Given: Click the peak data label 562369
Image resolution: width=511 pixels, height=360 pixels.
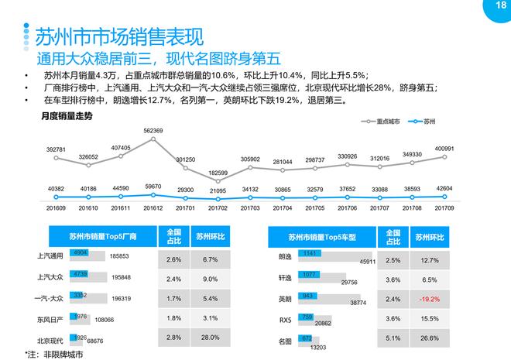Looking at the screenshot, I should [153, 131].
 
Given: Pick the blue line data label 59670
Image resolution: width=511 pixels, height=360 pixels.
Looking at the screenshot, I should [153, 187].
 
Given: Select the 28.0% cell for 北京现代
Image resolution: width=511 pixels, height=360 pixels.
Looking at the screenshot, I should [210, 338].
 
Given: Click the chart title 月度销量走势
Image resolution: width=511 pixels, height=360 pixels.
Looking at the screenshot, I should [67, 116].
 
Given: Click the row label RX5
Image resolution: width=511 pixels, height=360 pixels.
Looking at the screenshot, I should [285, 318].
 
